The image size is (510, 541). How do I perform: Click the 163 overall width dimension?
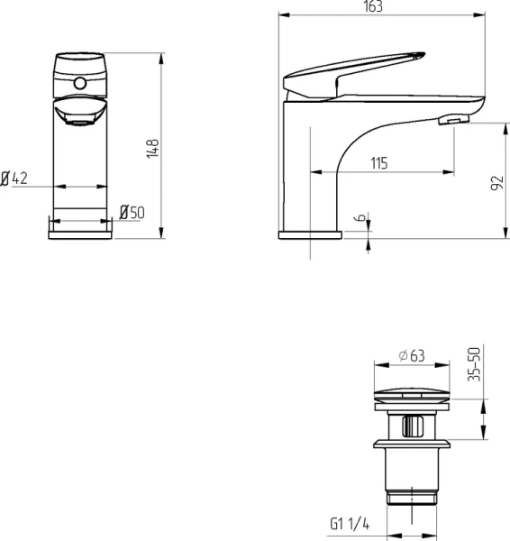pos(373,6)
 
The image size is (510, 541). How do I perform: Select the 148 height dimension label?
pos(153,149)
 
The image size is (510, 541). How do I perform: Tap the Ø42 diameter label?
pos(14,179)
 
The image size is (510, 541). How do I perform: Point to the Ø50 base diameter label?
pos(132,212)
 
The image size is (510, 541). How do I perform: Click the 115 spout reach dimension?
pos(379,163)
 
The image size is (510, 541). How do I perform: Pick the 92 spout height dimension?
pos(496,183)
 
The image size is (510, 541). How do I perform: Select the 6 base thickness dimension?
pos(360,217)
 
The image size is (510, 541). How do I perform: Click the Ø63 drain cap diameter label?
pos(412,356)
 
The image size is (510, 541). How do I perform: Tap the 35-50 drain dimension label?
pos(474,364)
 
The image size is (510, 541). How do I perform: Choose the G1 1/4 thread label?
pos(350,523)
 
